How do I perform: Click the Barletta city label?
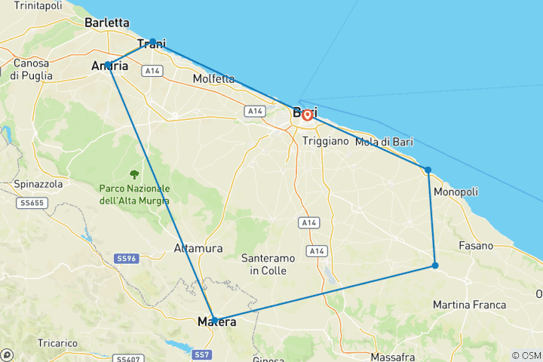[x=107, y=23]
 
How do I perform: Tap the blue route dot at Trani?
[x=152, y=41]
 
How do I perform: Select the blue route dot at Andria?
[x=109, y=65]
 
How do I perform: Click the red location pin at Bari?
[x=307, y=115]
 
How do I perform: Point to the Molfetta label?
[x=213, y=78]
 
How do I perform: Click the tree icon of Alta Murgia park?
[x=135, y=174]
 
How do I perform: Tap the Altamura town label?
[x=198, y=247]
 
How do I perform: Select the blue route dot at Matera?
[x=214, y=320]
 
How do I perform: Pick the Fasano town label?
[x=475, y=246]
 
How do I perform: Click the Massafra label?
[x=393, y=356]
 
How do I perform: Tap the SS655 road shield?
[x=29, y=203]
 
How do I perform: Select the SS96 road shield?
[x=126, y=259]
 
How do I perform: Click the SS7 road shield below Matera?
[x=201, y=354]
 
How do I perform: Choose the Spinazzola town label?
[x=38, y=184]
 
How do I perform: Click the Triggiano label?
[x=325, y=141]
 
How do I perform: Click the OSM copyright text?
[x=526, y=355]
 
